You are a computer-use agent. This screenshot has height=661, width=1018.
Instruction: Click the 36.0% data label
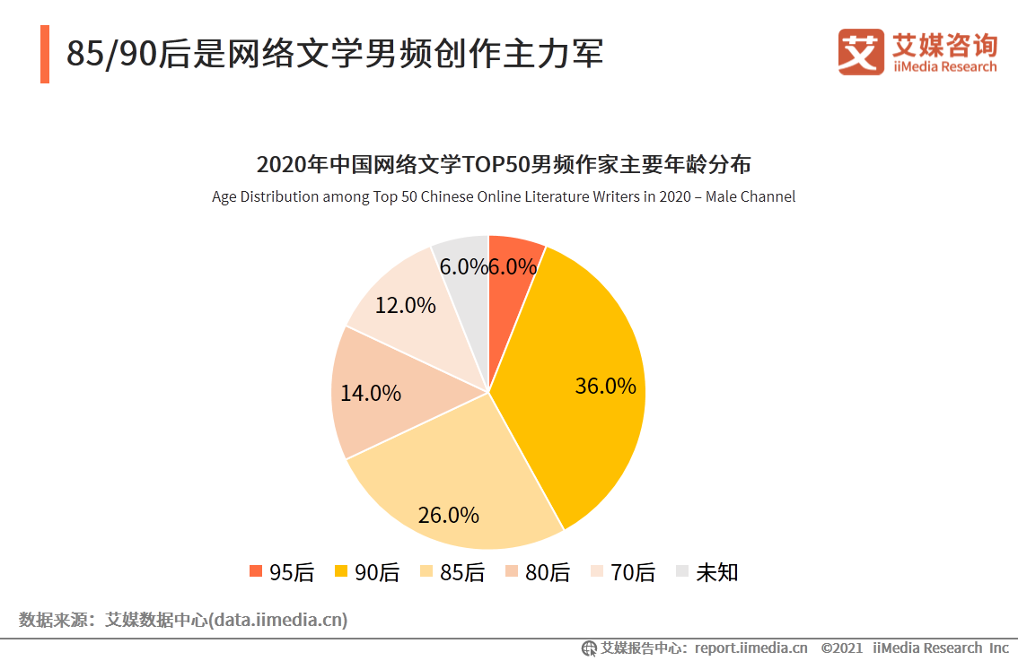point(605,386)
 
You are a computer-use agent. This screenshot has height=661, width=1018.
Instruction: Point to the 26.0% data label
point(448,515)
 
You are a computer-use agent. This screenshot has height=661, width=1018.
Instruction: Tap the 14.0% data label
point(370,393)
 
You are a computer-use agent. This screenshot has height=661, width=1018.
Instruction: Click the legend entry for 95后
point(281,572)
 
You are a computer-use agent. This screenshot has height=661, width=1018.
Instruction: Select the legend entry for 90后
point(366,572)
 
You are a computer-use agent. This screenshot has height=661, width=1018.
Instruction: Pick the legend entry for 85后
point(452,572)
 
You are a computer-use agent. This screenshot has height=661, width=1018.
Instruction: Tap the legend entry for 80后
point(537,572)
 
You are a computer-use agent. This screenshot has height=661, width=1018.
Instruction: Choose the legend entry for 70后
point(622,572)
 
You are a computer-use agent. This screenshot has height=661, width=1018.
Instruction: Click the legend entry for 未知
point(706,572)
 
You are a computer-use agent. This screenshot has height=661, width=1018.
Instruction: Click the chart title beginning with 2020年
point(503,165)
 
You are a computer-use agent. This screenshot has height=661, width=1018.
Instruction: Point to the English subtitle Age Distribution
point(503,196)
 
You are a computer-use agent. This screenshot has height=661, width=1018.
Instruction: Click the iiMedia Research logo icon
point(861,52)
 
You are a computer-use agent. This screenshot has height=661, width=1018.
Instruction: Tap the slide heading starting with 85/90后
point(334,54)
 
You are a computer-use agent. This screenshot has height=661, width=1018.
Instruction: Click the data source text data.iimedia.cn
point(183,620)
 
